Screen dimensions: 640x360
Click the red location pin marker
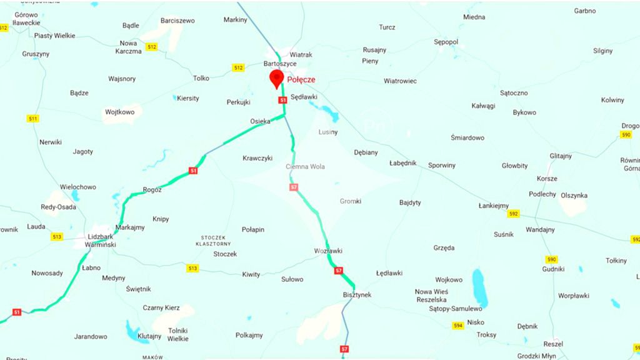276,78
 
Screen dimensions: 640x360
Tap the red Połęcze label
301,80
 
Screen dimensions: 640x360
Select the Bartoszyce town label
280,64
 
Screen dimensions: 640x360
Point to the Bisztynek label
357,294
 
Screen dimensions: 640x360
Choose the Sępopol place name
446,42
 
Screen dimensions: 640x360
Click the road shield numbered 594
458,326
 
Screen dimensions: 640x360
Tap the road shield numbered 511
33,119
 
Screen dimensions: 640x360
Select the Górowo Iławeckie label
26,19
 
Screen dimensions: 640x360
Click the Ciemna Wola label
305,167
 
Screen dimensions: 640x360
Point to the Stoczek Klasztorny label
217,241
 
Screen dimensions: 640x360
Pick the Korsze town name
547,179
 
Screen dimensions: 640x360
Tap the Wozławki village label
328,251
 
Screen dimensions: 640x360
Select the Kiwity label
251,274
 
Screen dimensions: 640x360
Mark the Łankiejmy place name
494,206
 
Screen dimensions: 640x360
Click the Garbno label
585,11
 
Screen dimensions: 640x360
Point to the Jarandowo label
91,336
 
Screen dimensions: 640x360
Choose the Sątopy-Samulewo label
456,309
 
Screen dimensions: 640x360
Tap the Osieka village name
260,121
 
